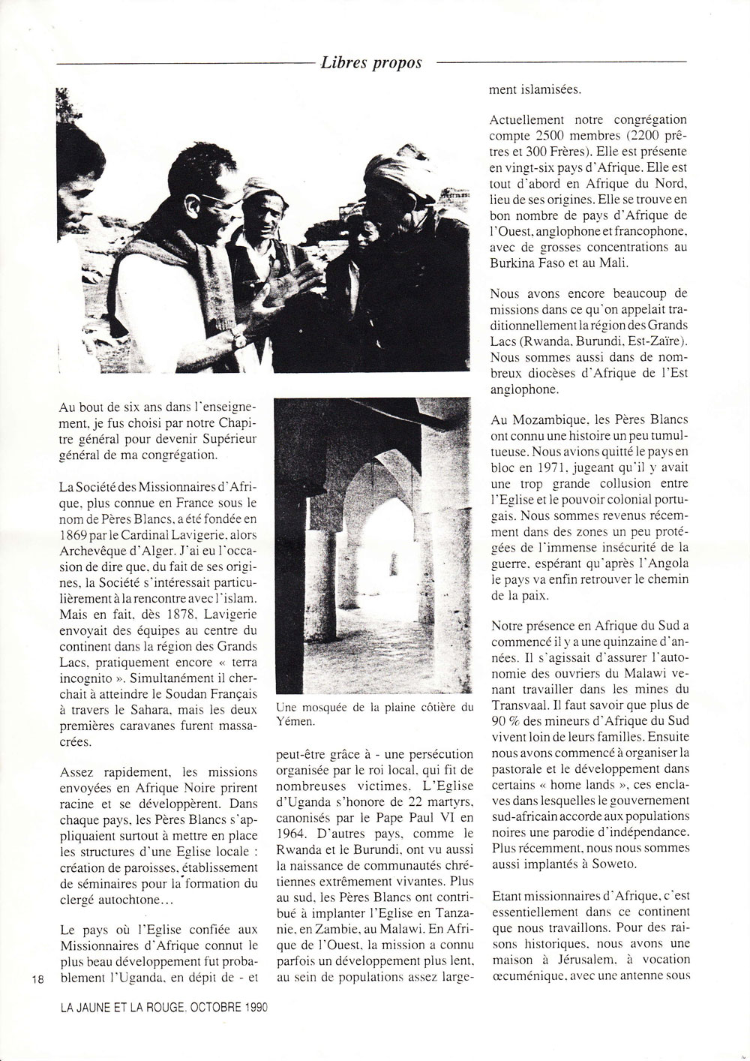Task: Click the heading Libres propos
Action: (x=370, y=63)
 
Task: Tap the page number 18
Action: (x=37, y=979)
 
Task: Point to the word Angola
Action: (x=663, y=558)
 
